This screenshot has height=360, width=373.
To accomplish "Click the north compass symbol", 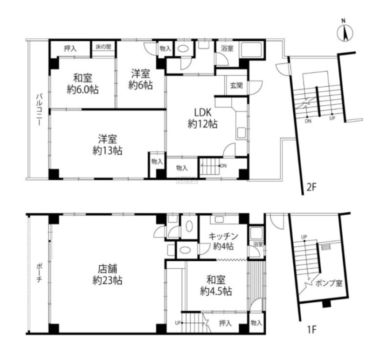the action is click(x=345, y=33).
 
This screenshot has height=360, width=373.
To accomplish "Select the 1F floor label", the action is click(x=311, y=330).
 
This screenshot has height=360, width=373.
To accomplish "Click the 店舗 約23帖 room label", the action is click(x=108, y=275).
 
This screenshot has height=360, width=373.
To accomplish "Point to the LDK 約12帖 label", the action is click(x=202, y=118).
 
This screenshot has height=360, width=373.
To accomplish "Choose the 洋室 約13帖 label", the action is click(x=108, y=145).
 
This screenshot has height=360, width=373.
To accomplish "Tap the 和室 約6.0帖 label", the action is click(x=83, y=84).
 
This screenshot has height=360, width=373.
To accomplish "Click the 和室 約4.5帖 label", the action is click(x=216, y=285).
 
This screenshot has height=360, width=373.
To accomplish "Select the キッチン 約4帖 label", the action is click(x=223, y=241).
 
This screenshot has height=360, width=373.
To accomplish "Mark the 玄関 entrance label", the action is click(x=236, y=85).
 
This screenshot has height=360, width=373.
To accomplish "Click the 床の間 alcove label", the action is click(x=103, y=47).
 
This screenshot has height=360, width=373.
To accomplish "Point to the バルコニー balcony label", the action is click(x=39, y=109).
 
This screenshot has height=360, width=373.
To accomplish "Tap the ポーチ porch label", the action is click(x=39, y=273).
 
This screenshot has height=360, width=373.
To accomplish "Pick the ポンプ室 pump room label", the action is click(x=329, y=283).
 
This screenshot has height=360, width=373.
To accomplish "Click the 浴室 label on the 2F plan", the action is click(x=227, y=48).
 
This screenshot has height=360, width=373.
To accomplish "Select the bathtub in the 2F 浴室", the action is click(x=252, y=49).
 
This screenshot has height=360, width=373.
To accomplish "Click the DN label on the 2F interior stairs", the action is click(x=223, y=166).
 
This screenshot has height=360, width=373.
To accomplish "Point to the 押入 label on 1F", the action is click(x=225, y=323).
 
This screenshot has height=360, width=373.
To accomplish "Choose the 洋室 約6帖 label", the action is click(x=140, y=79).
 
